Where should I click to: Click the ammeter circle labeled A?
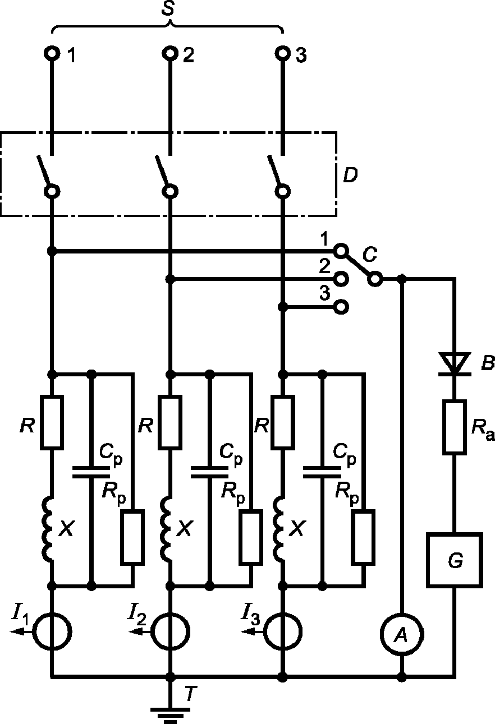click(x=401, y=636)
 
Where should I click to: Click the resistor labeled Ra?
click(x=455, y=427)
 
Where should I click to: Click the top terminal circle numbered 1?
click(x=52, y=53)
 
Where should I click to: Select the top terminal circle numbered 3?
click(x=283, y=53)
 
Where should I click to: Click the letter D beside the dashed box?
click(x=350, y=175)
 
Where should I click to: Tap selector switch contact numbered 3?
click(x=341, y=307)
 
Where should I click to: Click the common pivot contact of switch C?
click(x=375, y=279)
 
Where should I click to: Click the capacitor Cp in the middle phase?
click(x=210, y=472)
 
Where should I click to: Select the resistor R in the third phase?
click(x=283, y=422)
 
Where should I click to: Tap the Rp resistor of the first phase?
click(x=132, y=538)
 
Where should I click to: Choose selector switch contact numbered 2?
click(x=341, y=279)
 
